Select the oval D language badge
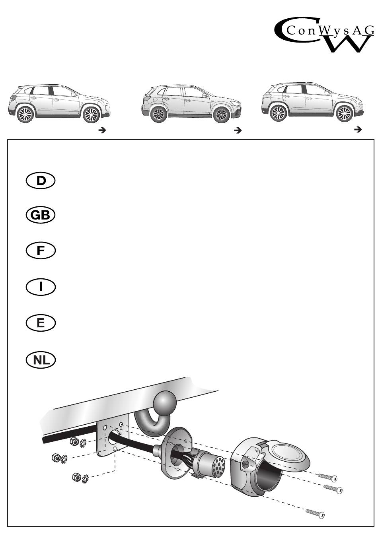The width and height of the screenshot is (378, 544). click(x=41, y=181)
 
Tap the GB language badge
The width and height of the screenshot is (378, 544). click(x=41, y=216)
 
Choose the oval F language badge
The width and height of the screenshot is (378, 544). click(x=41, y=251)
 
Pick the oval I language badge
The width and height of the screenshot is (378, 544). click(x=41, y=287)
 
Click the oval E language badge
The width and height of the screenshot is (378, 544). click(x=41, y=323)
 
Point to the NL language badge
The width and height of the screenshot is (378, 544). click(x=41, y=360)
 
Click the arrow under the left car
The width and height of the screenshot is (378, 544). click(x=102, y=130)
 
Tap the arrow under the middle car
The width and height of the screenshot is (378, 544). click(x=238, y=130)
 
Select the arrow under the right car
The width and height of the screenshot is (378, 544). click(x=357, y=129)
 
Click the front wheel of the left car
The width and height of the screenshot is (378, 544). click(x=91, y=115)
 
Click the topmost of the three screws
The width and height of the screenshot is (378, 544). click(x=327, y=477)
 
